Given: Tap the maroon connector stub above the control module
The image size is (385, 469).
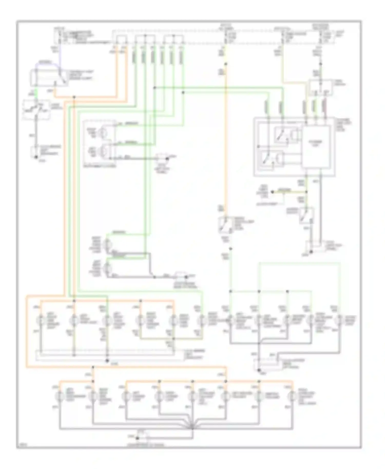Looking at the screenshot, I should [325, 106].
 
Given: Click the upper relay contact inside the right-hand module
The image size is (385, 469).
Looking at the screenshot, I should [280, 134].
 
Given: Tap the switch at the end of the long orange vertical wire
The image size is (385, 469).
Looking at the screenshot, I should [224, 225].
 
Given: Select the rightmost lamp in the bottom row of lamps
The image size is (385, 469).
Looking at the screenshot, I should [292, 397].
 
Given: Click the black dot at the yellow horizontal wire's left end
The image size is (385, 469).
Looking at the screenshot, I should [273, 192].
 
